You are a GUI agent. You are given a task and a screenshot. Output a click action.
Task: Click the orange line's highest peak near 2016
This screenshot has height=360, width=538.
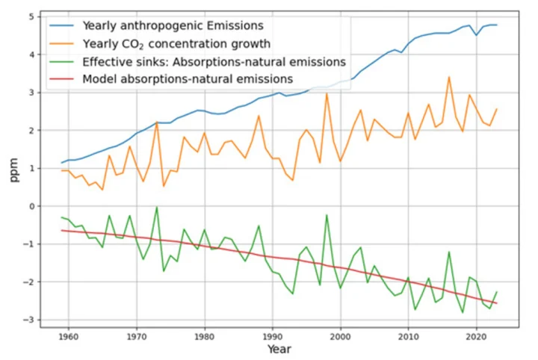[x=449, y=77]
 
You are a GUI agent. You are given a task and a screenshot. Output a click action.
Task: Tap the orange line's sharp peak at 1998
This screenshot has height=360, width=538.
[x=327, y=93]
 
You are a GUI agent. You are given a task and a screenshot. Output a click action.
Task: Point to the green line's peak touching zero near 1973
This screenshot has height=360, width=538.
[x=157, y=208]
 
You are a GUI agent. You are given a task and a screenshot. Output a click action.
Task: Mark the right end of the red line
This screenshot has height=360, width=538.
[x=496, y=303]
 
